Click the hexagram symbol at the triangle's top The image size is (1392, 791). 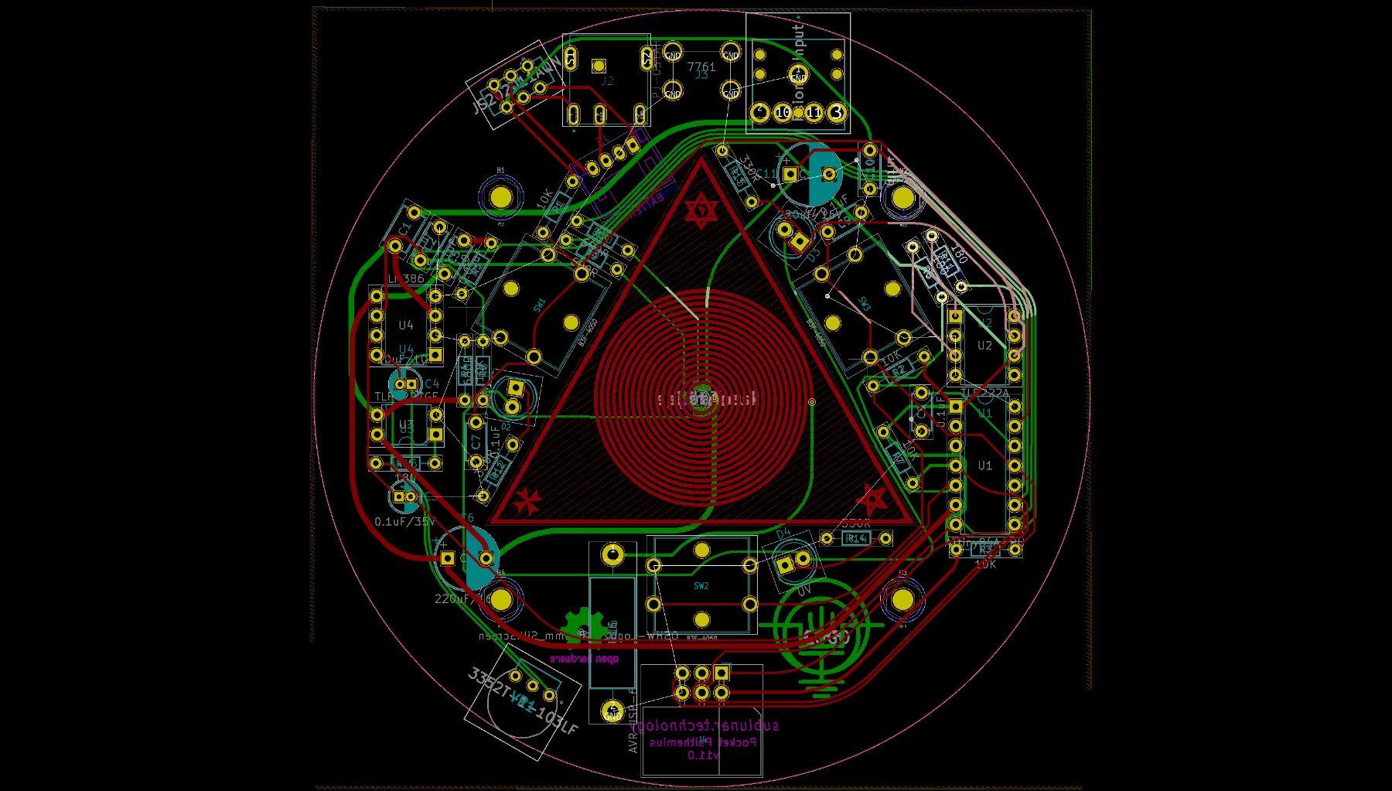(701, 210)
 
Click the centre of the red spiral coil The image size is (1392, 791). (701, 397)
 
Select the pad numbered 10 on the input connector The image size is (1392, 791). (783, 113)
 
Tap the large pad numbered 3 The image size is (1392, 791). (836, 113)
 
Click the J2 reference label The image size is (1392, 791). (608, 80)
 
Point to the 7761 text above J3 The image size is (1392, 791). (701, 67)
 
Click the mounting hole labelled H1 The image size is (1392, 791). (501, 197)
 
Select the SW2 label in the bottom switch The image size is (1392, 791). (701, 586)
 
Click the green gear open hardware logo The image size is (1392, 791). (584, 627)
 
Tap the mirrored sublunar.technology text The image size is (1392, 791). (704, 726)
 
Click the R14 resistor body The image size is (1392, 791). (855, 538)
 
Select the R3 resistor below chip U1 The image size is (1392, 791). (986, 550)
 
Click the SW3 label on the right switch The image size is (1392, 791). (865, 305)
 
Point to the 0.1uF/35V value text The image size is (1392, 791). (404, 522)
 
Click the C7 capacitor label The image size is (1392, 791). (476, 442)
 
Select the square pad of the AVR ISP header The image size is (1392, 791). (721, 673)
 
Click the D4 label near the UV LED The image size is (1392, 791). (783, 534)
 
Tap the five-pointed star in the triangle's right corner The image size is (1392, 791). (872, 499)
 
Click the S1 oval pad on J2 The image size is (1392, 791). (571, 58)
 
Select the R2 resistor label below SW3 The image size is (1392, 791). (899, 372)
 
